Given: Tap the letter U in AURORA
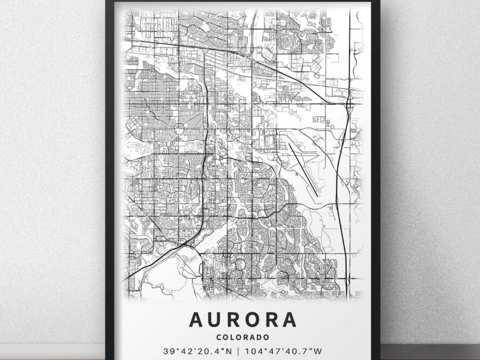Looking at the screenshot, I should point(217,320).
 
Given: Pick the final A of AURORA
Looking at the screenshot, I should point(289,320).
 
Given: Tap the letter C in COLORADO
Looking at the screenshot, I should point(219,338).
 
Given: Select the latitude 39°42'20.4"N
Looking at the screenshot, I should point(200,351).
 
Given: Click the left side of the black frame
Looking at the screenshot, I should point(109,180).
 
